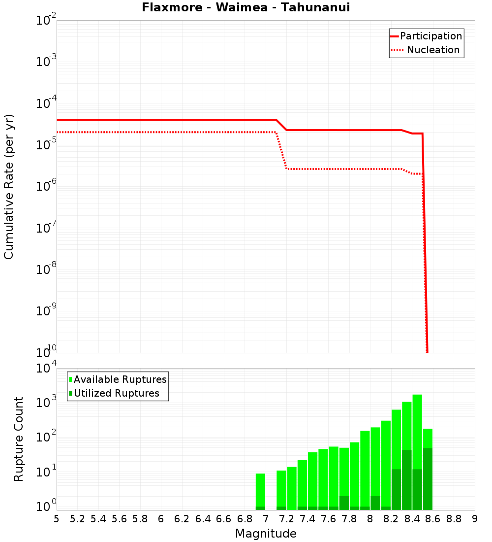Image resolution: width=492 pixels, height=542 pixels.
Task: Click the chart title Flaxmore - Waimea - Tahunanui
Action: click(246, 7)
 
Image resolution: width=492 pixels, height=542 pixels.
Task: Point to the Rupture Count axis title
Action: click(19, 439)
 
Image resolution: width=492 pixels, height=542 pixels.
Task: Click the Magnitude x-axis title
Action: click(266, 533)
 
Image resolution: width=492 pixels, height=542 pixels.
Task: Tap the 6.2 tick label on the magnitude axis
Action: click(182, 519)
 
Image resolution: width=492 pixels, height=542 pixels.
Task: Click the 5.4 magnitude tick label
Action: click(98, 519)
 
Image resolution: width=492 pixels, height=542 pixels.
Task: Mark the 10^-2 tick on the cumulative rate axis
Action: click(46, 21)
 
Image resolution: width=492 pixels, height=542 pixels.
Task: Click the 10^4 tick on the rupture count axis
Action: click(46, 369)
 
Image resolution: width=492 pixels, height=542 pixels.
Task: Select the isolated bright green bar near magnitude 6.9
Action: click(260, 490)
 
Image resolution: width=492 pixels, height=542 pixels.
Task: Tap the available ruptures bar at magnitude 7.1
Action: click(281, 488)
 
